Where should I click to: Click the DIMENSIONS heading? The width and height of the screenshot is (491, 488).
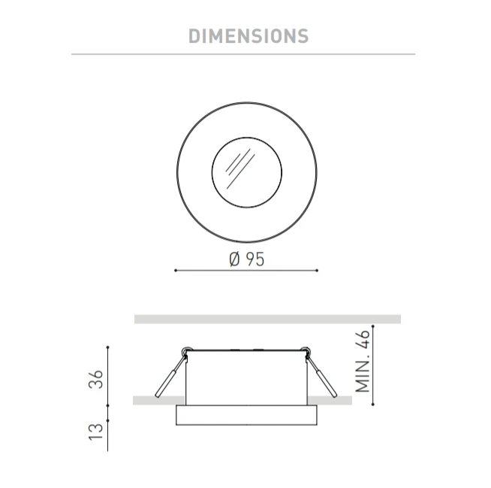click(249, 36)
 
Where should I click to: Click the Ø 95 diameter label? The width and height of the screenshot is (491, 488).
click(247, 259)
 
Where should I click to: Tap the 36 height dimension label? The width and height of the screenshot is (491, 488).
click(96, 379)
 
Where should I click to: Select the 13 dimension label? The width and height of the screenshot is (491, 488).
click(96, 432)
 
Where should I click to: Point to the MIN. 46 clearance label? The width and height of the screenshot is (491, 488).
click(363, 361)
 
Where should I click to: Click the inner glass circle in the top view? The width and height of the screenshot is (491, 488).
click(247, 138)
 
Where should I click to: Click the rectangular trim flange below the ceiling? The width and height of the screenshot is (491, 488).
click(246, 415)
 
